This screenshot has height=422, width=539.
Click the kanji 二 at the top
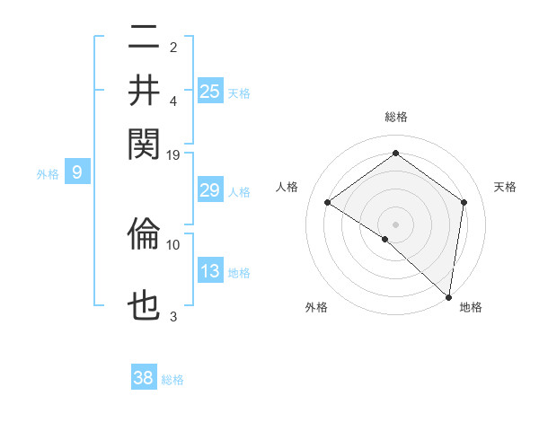tap(145, 39)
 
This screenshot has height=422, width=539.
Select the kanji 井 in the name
tap(145, 91)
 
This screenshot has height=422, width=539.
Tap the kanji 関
tap(145, 143)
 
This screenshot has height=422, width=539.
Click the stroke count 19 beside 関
tap(174, 154)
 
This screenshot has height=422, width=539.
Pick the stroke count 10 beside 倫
tap(173, 243)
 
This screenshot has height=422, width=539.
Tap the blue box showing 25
tap(210, 91)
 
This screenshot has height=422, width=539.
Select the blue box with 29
tap(210, 190)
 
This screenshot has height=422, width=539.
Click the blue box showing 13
tap(210, 271)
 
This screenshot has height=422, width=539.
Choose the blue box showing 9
tap(77, 172)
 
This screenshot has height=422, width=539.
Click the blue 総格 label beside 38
tap(172, 380)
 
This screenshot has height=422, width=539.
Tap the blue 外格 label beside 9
tap(48, 174)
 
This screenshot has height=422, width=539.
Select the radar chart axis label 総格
tap(395, 117)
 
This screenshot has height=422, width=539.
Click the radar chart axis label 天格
tap(506, 187)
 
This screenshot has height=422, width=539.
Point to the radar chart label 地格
tap(471, 307)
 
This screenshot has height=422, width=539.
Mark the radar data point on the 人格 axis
tap(328, 202)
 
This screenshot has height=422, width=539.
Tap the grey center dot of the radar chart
tap(395, 224)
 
